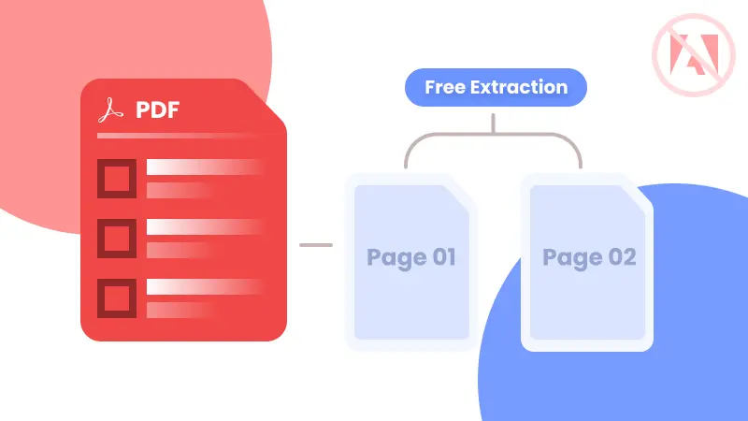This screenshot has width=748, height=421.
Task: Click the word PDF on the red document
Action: (x=157, y=111)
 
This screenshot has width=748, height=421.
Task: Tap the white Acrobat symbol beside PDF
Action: (x=111, y=111)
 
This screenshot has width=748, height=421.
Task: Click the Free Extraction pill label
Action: (x=496, y=88)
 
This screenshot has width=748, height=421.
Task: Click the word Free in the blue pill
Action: (x=445, y=88)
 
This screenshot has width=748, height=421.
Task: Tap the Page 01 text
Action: (x=411, y=257)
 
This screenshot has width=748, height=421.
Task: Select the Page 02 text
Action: (x=589, y=257)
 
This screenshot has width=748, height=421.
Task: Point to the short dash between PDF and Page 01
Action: (x=316, y=245)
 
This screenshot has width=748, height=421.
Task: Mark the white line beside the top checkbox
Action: (x=201, y=167)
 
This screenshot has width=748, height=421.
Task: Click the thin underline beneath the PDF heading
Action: (x=178, y=136)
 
